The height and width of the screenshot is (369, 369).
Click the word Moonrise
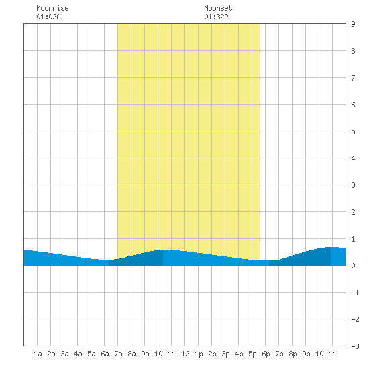[x=52, y=8]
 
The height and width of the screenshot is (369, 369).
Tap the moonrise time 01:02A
[x=48, y=17]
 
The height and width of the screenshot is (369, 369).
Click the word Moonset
[x=218, y=8]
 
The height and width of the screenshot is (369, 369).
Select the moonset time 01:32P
[x=216, y=17]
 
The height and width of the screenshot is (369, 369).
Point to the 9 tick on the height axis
[x=353, y=24]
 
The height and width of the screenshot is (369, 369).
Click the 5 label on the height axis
[x=353, y=131]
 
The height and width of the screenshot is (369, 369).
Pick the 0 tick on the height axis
[x=353, y=266]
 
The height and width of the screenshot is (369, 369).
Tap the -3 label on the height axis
[x=355, y=346]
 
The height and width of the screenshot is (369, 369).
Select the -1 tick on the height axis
[x=355, y=293]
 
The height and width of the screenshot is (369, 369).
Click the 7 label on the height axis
[x=353, y=78]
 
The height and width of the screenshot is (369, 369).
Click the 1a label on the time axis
[x=38, y=354]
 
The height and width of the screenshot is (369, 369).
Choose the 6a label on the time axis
[x=105, y=354]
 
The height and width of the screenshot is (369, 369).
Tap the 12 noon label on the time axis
[x=185, y=354]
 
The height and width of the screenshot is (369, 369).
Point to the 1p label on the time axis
[x=199, y=354]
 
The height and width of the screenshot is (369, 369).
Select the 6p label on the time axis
[x=266, y=354]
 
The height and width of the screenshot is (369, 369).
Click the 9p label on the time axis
[x=306, y=354]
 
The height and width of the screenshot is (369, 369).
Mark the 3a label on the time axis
[x=64, y=354]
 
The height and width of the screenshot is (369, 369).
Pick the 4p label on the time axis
[x=239, y=354]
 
